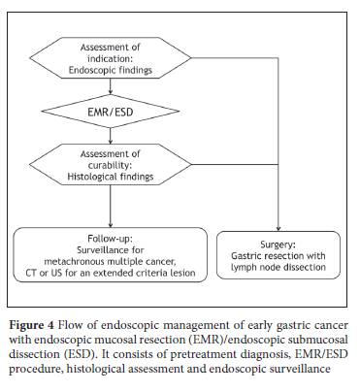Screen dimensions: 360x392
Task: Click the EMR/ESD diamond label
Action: pyautogui.click(x=111, y=113)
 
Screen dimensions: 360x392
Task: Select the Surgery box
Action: pyautogui.click(x=278, y=255)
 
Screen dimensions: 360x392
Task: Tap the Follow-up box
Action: pyautogui.click(x=110, y=255)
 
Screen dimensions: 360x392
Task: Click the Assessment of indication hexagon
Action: pyautogui.click(x=111, y=58)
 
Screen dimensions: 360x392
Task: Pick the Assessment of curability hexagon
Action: pyautogui.click(x=111, y=165)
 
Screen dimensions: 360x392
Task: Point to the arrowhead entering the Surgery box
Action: pyautogui.click(x=278, y=229)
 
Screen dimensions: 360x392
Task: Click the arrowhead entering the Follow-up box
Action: pyautogui.click(x=111, y=225)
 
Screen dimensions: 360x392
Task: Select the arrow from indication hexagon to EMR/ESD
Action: pyautogui.click(x=111, y=86)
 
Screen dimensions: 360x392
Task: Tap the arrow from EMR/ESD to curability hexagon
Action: pyautogui.click(x=111, y=136)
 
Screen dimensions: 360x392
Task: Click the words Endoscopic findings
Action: pyautogui.click(x=111, y=70)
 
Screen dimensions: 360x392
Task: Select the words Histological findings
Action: pyautogui.click(x=111, y=177)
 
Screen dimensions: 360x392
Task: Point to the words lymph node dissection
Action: pyautogui.click(x=278, y=268)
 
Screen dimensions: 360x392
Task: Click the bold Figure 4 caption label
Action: pyautogui.click(x=31, y=325)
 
